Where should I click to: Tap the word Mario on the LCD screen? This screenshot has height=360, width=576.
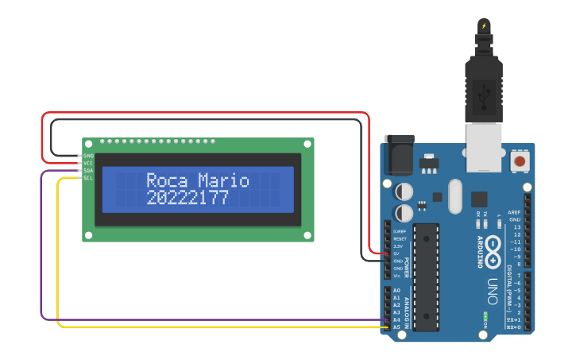click(x=224, y=181)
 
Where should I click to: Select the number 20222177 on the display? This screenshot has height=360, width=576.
click(x=187, y=199)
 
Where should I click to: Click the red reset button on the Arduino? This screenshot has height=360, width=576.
click(x=520, y=161)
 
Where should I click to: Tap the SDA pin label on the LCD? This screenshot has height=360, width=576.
click(x=88, y=171)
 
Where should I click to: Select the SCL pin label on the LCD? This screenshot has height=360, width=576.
click(x=88, y=178)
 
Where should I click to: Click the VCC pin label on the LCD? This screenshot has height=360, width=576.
click(x=88, y=164)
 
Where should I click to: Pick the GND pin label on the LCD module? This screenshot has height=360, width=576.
click(x=88, y=156)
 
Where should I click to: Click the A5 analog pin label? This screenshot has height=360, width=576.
click(x=396, y=327)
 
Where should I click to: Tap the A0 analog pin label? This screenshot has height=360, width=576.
click(x=396, y=290)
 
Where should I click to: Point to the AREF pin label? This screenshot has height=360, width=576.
click(x=515, y=212)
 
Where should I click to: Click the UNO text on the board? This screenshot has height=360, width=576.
click(x=493, y=291)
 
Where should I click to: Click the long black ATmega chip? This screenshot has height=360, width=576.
click(x=426, y=277)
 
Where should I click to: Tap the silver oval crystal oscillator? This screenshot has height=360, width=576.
click(x=454, y=196)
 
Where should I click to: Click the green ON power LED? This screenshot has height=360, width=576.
click(x=485, y=316)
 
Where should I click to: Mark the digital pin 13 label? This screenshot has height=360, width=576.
click(x=517, y=227)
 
